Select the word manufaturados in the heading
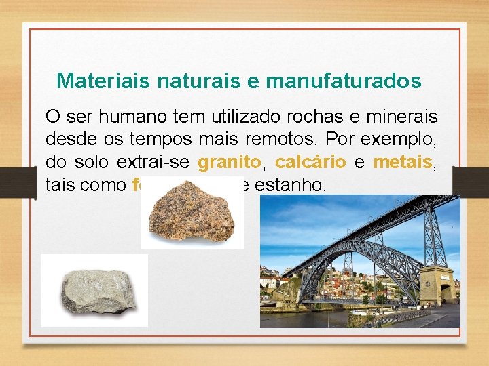[344, 81]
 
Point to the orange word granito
[229, 163]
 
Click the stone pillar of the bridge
[437, 285]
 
